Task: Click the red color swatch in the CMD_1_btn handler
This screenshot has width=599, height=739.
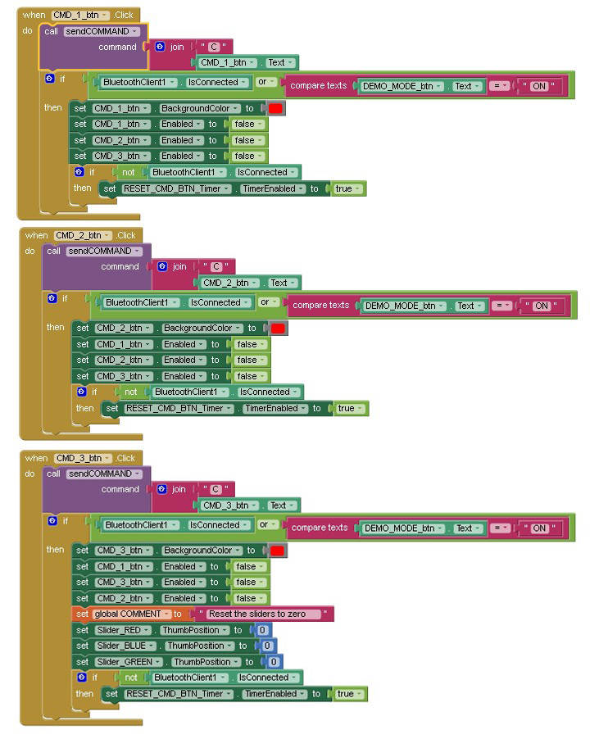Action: pos(275,108)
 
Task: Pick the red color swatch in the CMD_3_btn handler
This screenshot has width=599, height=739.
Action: pos(277,551)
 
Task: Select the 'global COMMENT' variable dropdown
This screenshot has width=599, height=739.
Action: pos(132,614)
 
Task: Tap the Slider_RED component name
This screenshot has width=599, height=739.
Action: pos(124,630)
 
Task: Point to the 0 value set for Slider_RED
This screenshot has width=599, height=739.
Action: pos(262,630)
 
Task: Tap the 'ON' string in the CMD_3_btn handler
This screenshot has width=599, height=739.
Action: pos(539,528)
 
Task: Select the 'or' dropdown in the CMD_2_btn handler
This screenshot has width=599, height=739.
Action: pos(268,302)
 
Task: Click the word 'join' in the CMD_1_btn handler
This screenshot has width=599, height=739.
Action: pos(177,47)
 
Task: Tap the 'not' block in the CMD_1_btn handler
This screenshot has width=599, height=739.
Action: pos(128,172)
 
